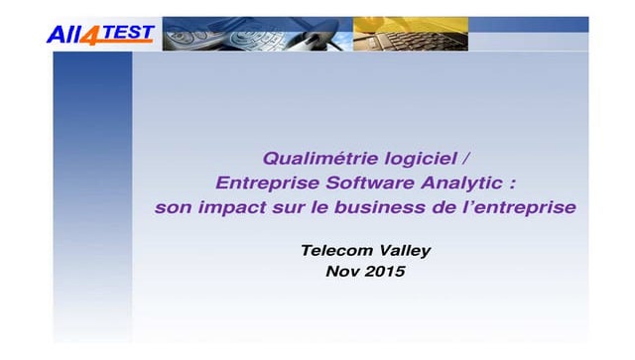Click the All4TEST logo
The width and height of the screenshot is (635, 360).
[x=100, y=34]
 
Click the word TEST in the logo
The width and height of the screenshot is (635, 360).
[x=130, y=33]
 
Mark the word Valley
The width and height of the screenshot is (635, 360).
[x=403, y=250]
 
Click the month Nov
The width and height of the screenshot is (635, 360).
[x=343, y=271]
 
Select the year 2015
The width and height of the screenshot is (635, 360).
[x=387, y=271]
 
